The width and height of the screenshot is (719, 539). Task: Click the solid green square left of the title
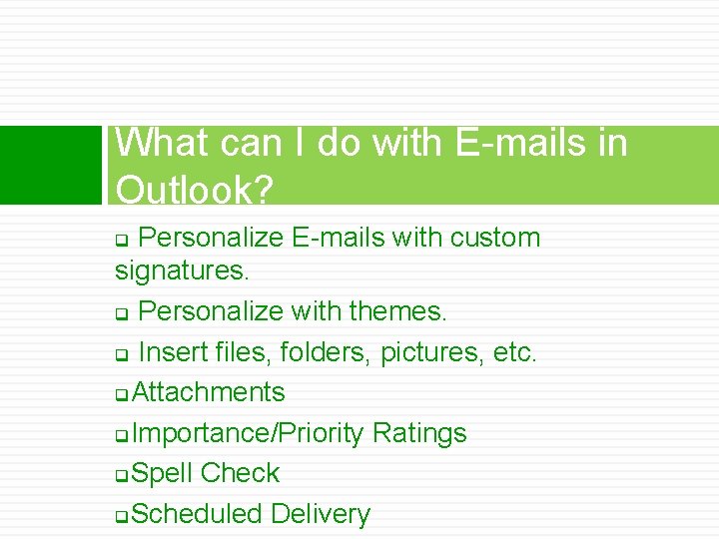click(x=51, y=165)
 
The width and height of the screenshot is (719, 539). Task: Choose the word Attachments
click(x=208, y=392)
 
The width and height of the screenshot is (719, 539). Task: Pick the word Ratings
click(x=419, y=433)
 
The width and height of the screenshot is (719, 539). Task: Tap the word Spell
click(x=162, y=473)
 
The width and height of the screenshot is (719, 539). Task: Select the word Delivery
click(x=320, y=514)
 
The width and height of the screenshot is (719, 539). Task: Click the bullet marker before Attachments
click(x=121, y=394)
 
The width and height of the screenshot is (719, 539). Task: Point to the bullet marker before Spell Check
click(x=121, y=475)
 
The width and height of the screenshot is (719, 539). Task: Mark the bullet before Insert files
click(x=121, y=354)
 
